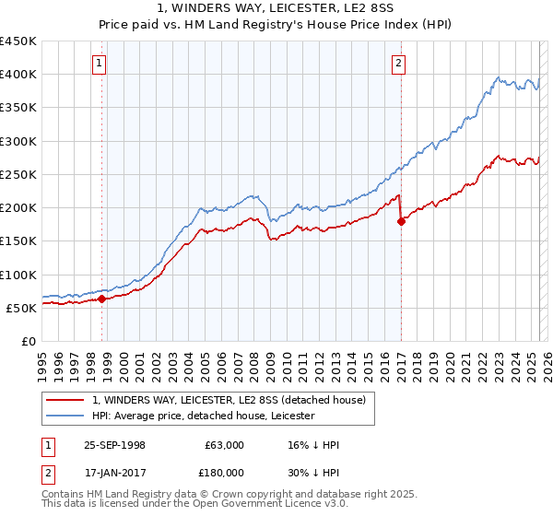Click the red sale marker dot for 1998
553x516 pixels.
(101, 299)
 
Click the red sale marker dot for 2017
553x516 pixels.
(401, 221)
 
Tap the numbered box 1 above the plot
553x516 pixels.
(99, 64)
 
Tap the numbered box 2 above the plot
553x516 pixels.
(398, 64)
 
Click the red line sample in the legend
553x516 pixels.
(65, 400)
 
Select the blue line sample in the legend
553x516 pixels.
(65, 416)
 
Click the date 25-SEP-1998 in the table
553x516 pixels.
(114, 445)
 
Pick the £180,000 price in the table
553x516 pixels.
(224, 472)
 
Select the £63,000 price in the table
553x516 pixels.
(224, 445)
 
